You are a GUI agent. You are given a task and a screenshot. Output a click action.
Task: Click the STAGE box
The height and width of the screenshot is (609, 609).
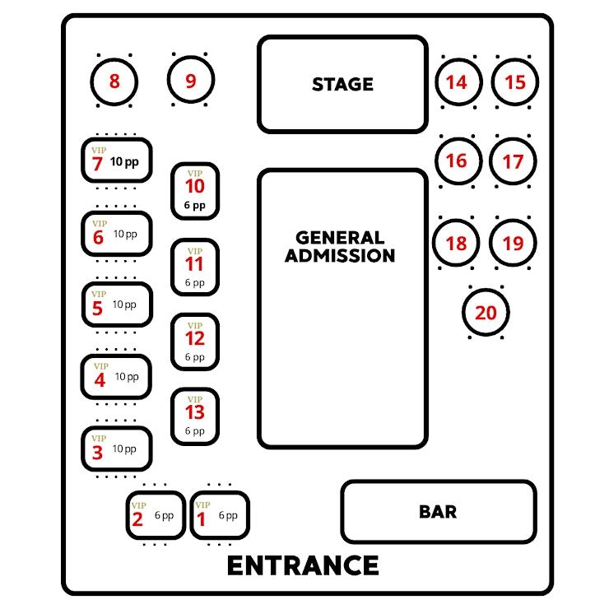coord(342,84)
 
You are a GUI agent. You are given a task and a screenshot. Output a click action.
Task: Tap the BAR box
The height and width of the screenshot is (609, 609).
coord(438,512)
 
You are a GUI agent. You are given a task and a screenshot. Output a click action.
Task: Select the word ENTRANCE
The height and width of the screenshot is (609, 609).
coord(303,566)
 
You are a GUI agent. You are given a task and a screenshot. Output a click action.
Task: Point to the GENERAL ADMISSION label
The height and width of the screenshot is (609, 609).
coord(340,246)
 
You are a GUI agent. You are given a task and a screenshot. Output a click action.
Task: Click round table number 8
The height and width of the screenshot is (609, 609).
coord(114,81)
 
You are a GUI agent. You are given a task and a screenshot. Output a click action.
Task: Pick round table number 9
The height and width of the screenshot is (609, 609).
coord(191,81)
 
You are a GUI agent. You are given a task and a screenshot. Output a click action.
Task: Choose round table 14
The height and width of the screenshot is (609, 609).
coord(456,82)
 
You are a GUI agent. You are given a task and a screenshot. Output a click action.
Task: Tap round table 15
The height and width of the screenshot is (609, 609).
coord(514,82)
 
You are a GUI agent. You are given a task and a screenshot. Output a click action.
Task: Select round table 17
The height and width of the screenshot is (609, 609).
coord(513,161)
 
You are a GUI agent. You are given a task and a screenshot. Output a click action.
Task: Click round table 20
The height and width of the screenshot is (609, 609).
coord(486,313)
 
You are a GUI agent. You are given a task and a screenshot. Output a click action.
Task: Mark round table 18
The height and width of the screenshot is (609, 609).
coord(456,243)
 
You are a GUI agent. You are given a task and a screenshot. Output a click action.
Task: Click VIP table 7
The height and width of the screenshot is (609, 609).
coord(118,160)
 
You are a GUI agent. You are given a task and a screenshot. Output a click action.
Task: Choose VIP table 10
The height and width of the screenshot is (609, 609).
coord(195,192)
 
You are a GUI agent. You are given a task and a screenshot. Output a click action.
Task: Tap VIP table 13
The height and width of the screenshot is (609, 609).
coord(195,416)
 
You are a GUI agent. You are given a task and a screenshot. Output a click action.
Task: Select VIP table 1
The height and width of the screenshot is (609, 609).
coord(219,516)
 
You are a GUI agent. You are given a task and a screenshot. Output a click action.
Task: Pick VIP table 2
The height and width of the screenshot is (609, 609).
coord(155,516)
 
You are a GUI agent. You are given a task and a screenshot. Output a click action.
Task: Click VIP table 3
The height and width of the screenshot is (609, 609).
coord(118,449)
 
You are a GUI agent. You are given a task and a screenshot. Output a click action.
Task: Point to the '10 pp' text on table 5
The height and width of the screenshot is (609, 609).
coord(124,304)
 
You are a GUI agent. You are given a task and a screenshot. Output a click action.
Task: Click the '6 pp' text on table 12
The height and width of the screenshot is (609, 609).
coord(195,357)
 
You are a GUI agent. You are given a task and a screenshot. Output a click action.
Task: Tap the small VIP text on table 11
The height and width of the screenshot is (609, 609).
coord(195,251)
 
